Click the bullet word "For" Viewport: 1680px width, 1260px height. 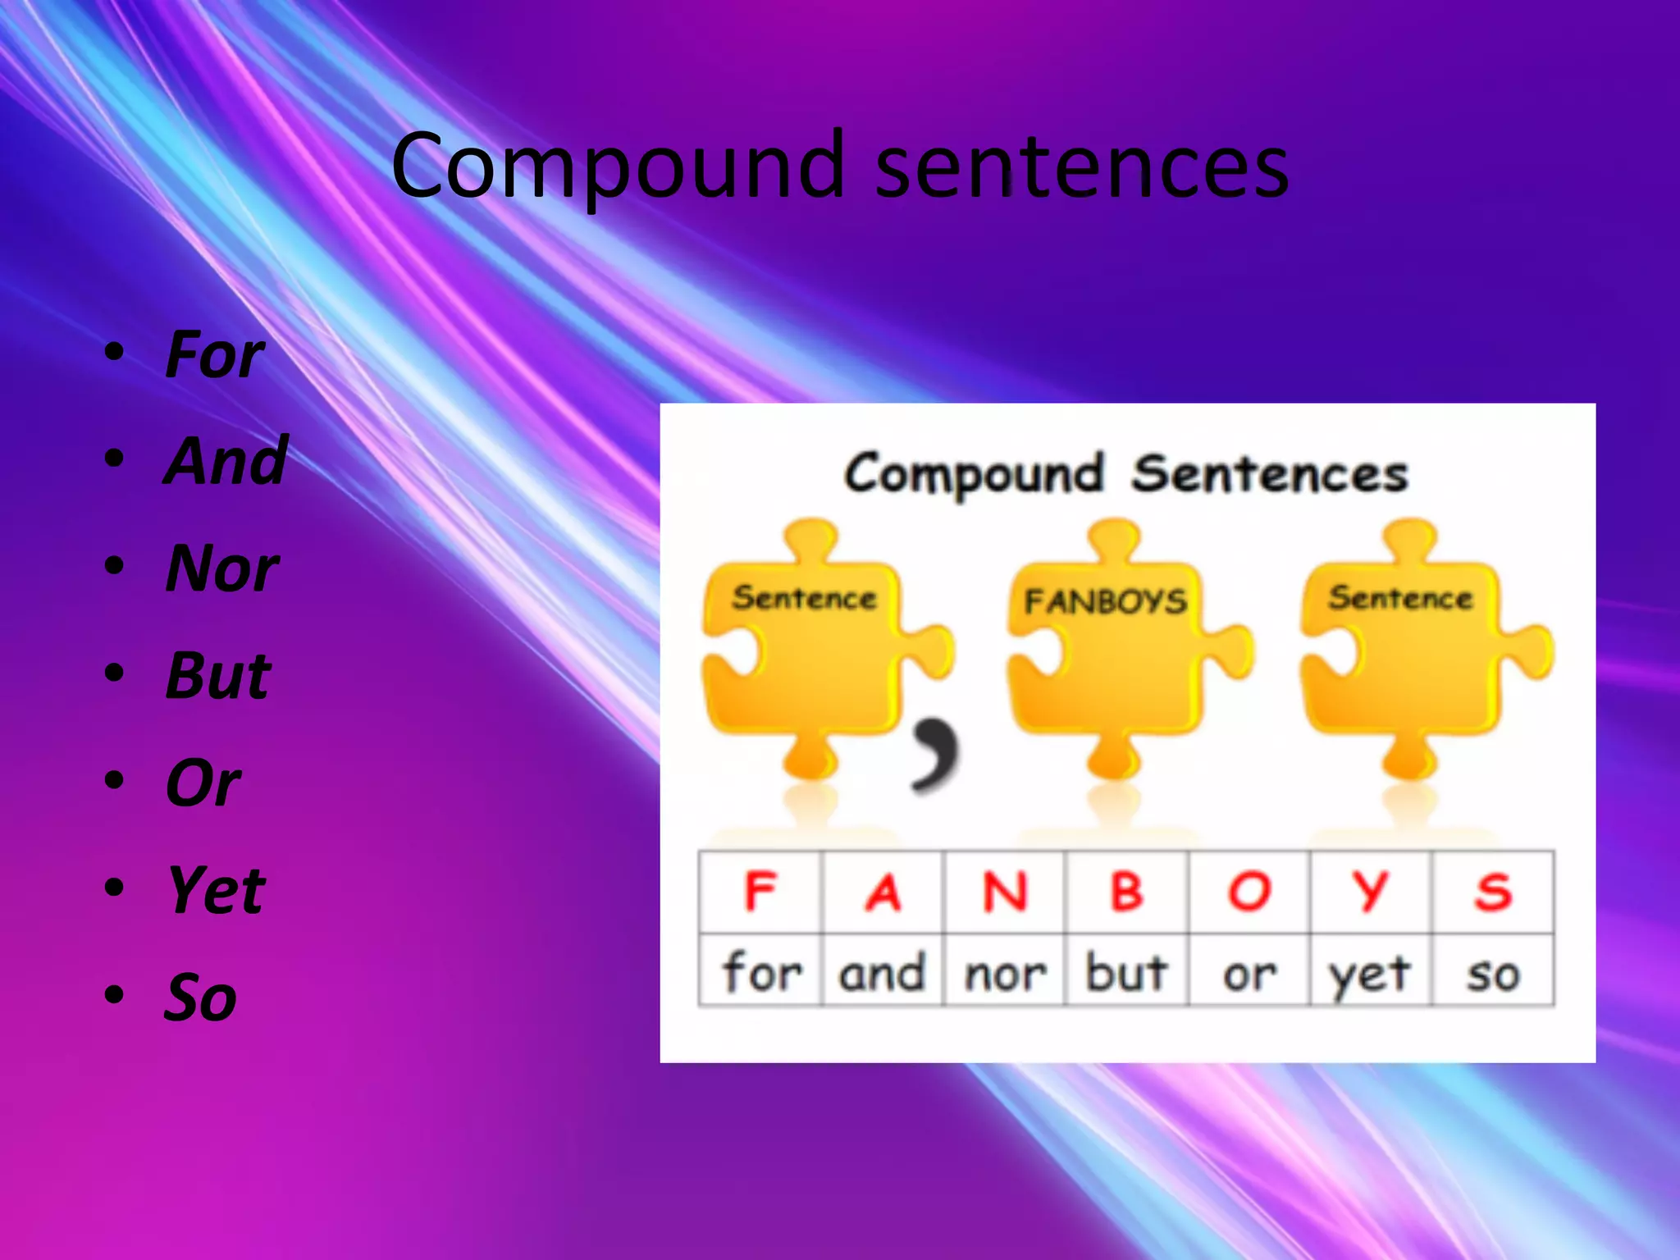click(214, 355)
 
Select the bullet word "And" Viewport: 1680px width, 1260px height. click(226, 461)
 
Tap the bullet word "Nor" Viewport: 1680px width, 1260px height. click(221, 568)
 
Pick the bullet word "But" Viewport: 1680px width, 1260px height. click(217, 676)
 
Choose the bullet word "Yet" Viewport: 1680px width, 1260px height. click(216, 890)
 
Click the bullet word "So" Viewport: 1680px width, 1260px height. click(200, 997)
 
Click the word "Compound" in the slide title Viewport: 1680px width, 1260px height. click(617, 167)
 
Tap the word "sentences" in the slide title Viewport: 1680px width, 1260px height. click(1081, 167)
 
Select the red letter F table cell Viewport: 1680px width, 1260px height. click(760, 892)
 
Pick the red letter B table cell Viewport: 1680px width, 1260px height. click(1126, 892)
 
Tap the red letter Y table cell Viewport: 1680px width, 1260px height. click(1370, 892)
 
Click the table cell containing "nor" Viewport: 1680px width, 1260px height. click(1004, 972)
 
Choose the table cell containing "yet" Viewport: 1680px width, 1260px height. click(1370, 972)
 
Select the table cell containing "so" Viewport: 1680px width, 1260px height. click(1492, 972)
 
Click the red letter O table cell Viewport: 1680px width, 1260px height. click(1249, 892)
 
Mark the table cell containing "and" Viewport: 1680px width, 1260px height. click(882, 972)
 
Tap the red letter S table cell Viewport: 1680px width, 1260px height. click(1492, 892)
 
